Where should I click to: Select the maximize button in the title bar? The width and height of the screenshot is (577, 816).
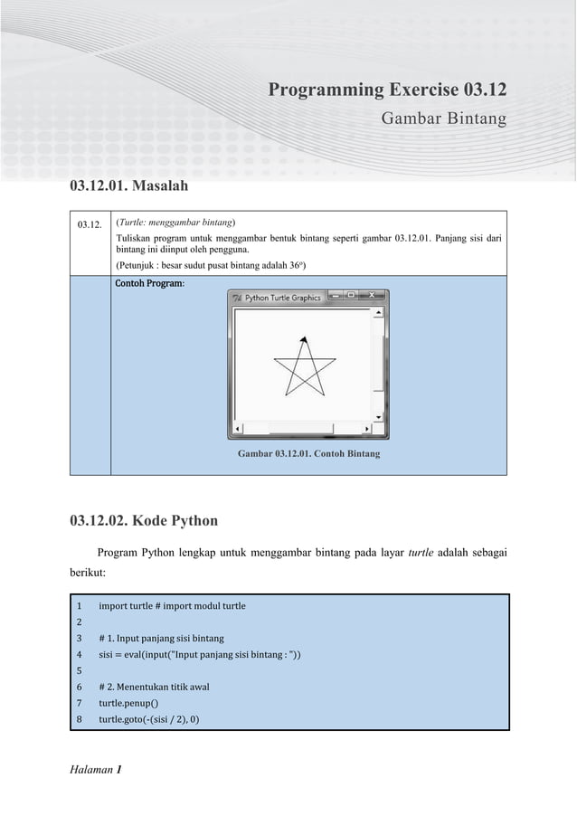(351, 296)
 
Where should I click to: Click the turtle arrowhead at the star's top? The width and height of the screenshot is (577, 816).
(305, 339)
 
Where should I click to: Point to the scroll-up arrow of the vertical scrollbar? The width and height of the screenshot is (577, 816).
(378, 311)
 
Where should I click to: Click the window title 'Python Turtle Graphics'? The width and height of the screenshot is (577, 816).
(283, 297)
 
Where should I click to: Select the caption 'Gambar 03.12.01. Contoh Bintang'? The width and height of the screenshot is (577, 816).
(308, 453)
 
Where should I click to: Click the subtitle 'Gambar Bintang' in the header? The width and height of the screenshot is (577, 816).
(443, 119)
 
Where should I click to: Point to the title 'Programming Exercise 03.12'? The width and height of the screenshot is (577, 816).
(387, 90)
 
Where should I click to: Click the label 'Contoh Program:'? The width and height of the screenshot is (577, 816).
(149, 284)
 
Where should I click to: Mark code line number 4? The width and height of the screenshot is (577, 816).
(80, 654)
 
